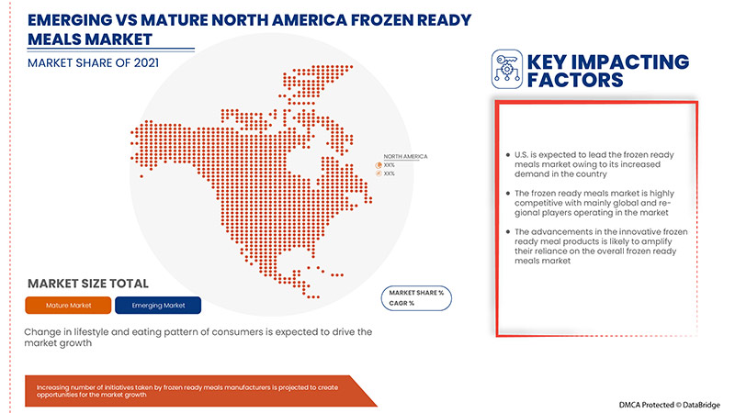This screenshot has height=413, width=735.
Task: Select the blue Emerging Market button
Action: tap(159, 305)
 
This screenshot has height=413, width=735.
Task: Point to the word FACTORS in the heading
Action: tap(575, 80)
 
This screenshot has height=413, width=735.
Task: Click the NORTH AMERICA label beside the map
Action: tap(405, 156)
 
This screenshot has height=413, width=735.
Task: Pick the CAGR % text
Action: tap(402, 301)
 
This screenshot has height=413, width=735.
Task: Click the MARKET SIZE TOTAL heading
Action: tap(87, 284)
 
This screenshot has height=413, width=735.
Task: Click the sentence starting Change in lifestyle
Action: tap(199, 337)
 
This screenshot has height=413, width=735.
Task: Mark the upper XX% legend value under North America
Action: tap(389, 165)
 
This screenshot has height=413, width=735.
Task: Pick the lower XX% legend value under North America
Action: tap(389, 173)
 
